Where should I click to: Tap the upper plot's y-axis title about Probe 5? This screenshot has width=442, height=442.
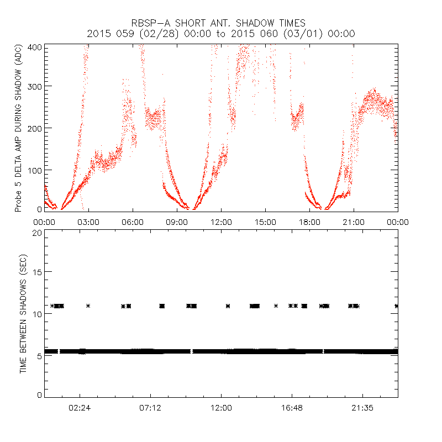click(x=19, y=129)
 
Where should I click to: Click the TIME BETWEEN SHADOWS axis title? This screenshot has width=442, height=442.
click(x=24, y=313)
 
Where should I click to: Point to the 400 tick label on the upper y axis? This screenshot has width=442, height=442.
click(x=36, y=48)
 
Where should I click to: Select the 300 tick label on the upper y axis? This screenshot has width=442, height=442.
click(x=36, y=87)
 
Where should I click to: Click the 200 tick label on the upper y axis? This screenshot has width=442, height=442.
click(x=36, y=128)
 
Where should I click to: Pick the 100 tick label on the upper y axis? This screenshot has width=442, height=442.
click(x=36, y=170)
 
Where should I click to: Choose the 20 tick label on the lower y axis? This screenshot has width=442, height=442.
click(x=38, y=233)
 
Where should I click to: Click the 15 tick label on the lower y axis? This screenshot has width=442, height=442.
click(x=38, y=272)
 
